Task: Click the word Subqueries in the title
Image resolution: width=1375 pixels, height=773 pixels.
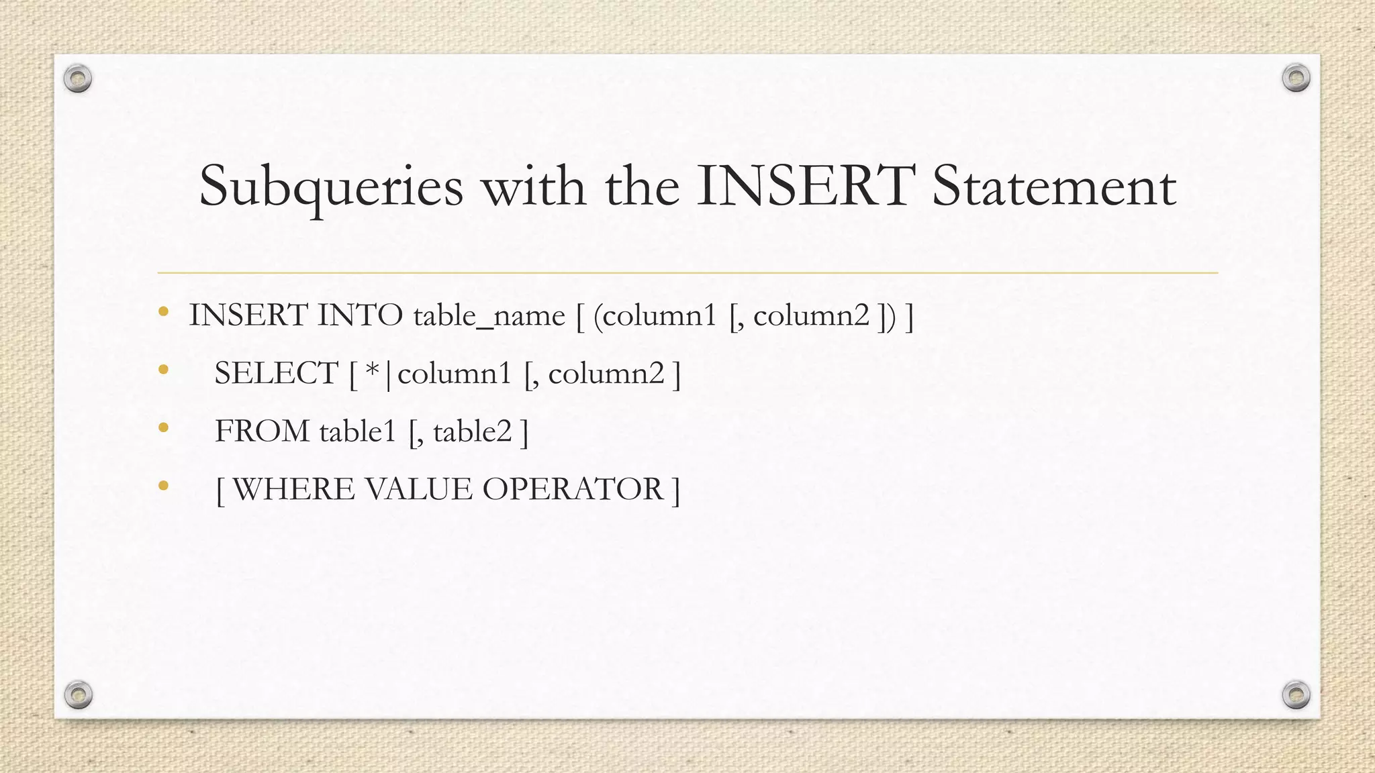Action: [x=331, y=186]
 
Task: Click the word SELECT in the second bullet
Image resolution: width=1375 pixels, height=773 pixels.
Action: [x=276, y=373]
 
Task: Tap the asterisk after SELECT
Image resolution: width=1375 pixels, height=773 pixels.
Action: [x=373, y=370]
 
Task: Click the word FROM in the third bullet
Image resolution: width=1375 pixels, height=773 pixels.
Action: [x=262, y=431]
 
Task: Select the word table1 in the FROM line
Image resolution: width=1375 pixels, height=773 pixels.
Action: [x=358, y=431]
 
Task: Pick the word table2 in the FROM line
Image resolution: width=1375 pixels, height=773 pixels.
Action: [x=473, y=431]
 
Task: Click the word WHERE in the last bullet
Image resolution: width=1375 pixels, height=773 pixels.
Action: [x=293, y=488]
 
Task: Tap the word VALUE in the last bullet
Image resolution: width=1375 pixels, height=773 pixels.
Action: [x=418, y=488]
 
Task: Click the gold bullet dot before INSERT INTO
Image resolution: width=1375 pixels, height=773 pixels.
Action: [x=163, y=311]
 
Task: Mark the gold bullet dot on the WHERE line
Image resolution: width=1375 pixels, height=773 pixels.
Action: [x=163, y=485]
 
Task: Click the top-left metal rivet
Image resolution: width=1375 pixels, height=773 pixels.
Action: [x=78, y=79]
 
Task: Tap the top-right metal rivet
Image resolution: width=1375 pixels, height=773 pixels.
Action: [x=1296, y=79]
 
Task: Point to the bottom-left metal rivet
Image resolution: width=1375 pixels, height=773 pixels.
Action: [x=79, y=694]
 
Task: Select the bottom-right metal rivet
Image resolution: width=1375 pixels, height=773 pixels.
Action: [x=1296, y=694]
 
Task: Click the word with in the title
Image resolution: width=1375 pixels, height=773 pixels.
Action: [x=534, y=186]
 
